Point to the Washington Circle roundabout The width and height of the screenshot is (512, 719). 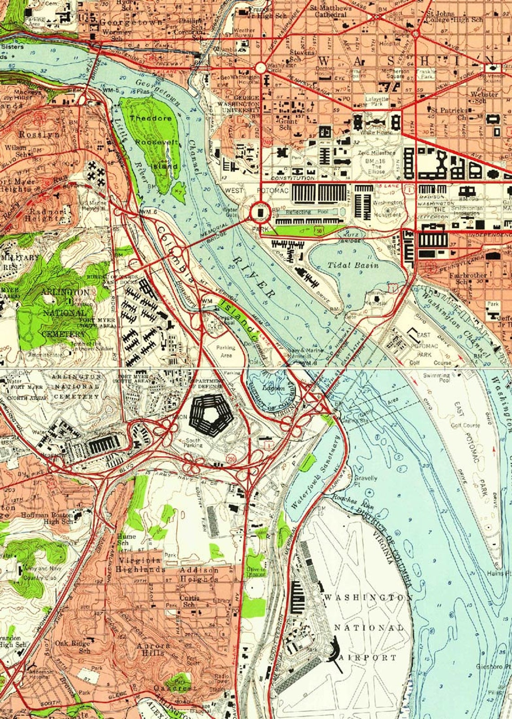(x=260, y=68)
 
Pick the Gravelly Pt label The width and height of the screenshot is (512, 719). (x=366, y=481)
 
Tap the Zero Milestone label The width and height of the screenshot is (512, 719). (x=376, y=153)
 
